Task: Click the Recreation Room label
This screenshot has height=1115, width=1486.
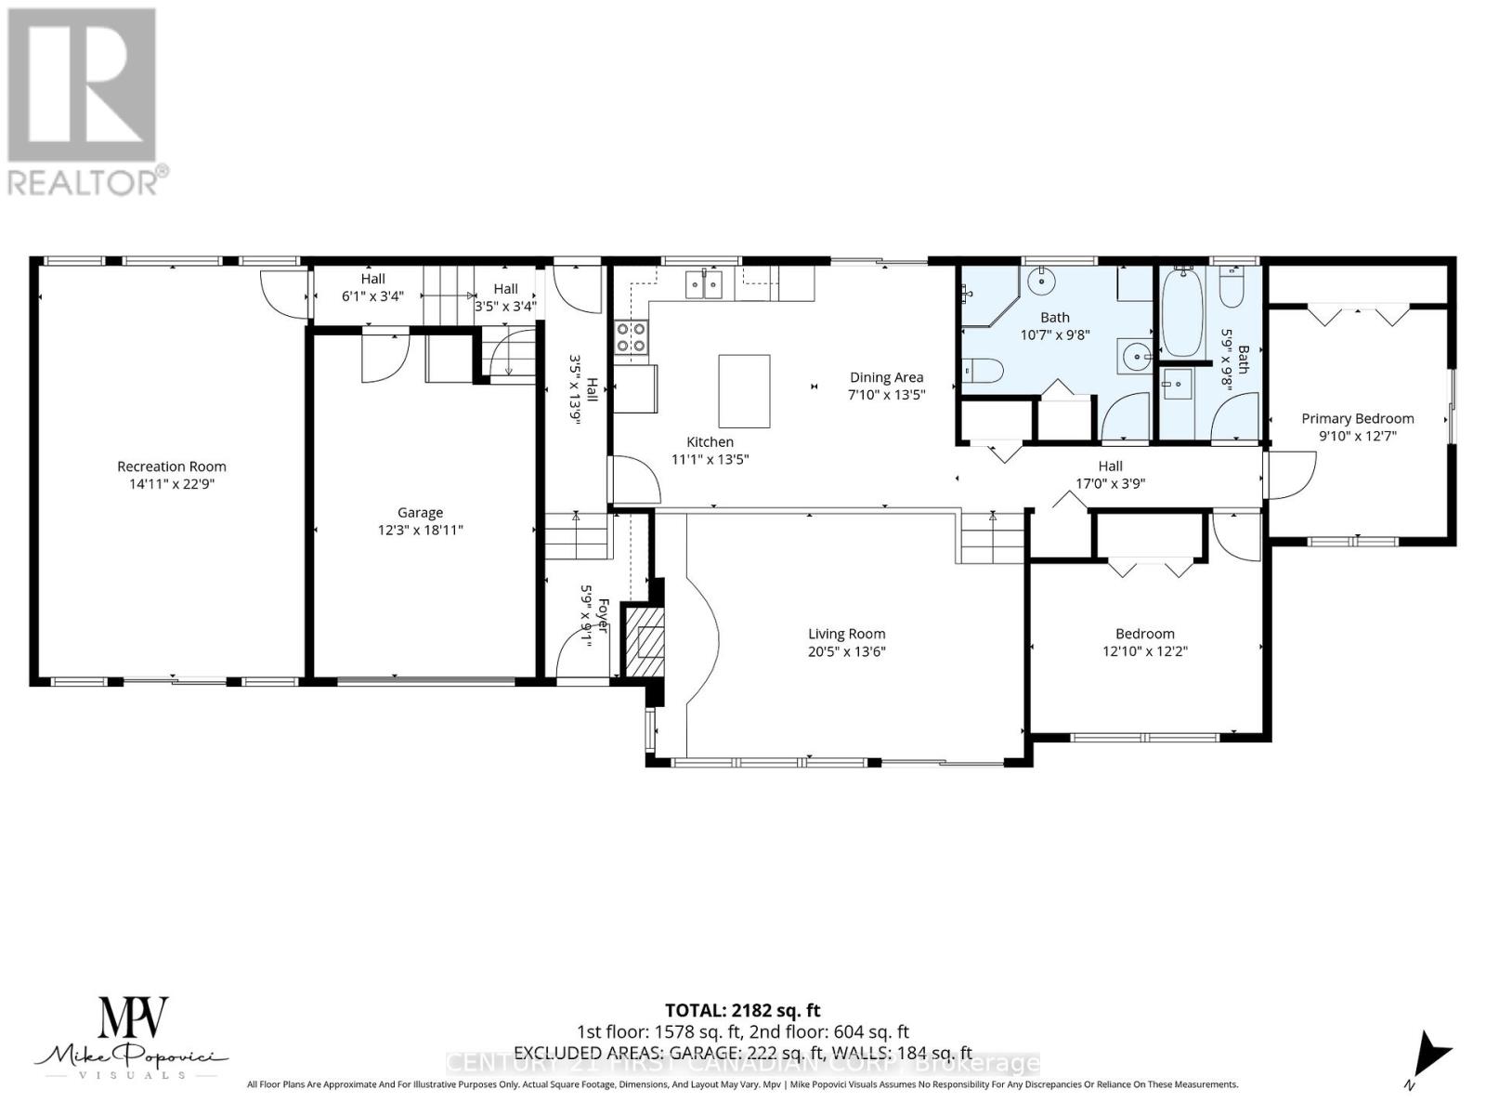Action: coord(171,466)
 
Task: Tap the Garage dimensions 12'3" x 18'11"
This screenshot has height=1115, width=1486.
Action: coord(420,531)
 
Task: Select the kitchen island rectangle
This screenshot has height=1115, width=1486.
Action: coord(744,390)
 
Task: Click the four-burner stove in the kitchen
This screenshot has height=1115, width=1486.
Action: coord(631,336)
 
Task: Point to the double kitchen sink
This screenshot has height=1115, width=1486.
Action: coord(705,284)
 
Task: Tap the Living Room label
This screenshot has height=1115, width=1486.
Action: coord(846,634)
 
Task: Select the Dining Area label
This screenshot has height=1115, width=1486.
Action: coord(886,377)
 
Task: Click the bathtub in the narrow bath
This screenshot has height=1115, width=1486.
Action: coord(1181,314)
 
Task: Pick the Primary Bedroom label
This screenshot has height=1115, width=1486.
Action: coord(1357,419)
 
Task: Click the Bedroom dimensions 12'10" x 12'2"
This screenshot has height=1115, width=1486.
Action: coord(1144,651)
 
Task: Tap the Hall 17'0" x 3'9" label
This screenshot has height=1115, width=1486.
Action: coord(1110,475)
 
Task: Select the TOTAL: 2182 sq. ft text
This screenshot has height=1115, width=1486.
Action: coord(742,1010)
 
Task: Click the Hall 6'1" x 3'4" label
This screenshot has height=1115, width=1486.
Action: coord(372,287)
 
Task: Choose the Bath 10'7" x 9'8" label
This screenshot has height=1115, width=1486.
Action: coord(1054,325)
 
